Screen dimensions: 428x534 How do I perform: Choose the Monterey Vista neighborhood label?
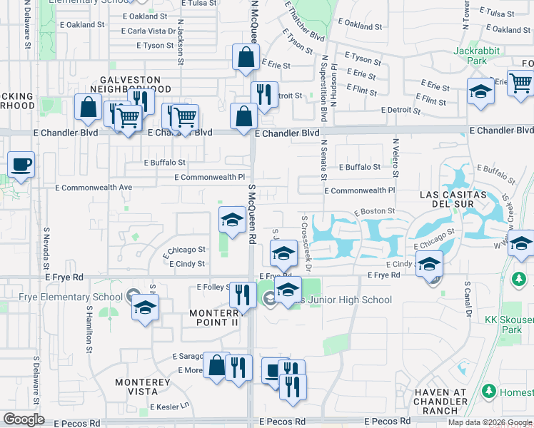pos(143,387)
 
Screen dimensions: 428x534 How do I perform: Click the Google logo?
pos(24,419)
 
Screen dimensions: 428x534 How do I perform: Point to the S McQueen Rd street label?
pos(252,214)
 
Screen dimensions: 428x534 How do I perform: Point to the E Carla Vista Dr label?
pos(148,31)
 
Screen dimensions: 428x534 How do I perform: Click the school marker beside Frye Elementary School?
pos(145,307)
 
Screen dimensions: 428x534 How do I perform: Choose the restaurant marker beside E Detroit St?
pos(264,93)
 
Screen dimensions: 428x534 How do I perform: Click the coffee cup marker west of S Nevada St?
pos(21,164)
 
